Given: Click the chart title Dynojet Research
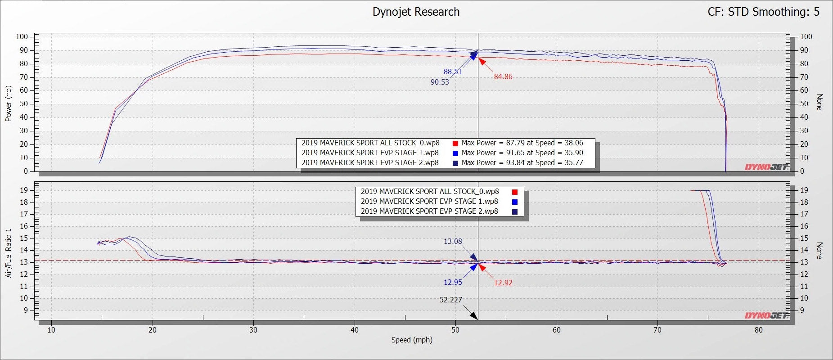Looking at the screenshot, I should (x=416, y=12).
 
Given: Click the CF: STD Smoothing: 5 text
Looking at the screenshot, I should (x=763, y=12).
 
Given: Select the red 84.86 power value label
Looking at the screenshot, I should (x=503, y=77).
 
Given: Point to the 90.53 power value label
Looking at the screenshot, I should (x=440, y=82).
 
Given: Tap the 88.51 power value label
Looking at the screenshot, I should (x=453, y=72).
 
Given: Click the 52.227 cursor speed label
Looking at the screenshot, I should (x=450, y=300).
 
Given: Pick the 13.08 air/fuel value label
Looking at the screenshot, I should (x=453, y=242).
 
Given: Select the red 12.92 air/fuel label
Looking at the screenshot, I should (x=503, y=283).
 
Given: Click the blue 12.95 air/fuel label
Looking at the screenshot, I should (x=453, y=283).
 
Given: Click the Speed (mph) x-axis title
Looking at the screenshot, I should (x=412, y=340).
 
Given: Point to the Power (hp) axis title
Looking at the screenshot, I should (x=8, y=103).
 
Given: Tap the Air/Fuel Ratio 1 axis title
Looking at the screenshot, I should (x=8, y=253).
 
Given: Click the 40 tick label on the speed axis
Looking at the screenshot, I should (x=355, y=330).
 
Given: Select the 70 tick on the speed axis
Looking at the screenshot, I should (x=657, y=330).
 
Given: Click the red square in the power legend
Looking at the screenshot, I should (x=455, y=144).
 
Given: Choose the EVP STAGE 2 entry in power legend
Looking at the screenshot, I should (x=370, y=163).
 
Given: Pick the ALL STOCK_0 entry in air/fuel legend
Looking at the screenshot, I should (x=429, y=192).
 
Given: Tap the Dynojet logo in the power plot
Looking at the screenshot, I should (x=766, y=167).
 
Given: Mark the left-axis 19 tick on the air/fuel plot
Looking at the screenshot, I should (x=23, y=190).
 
